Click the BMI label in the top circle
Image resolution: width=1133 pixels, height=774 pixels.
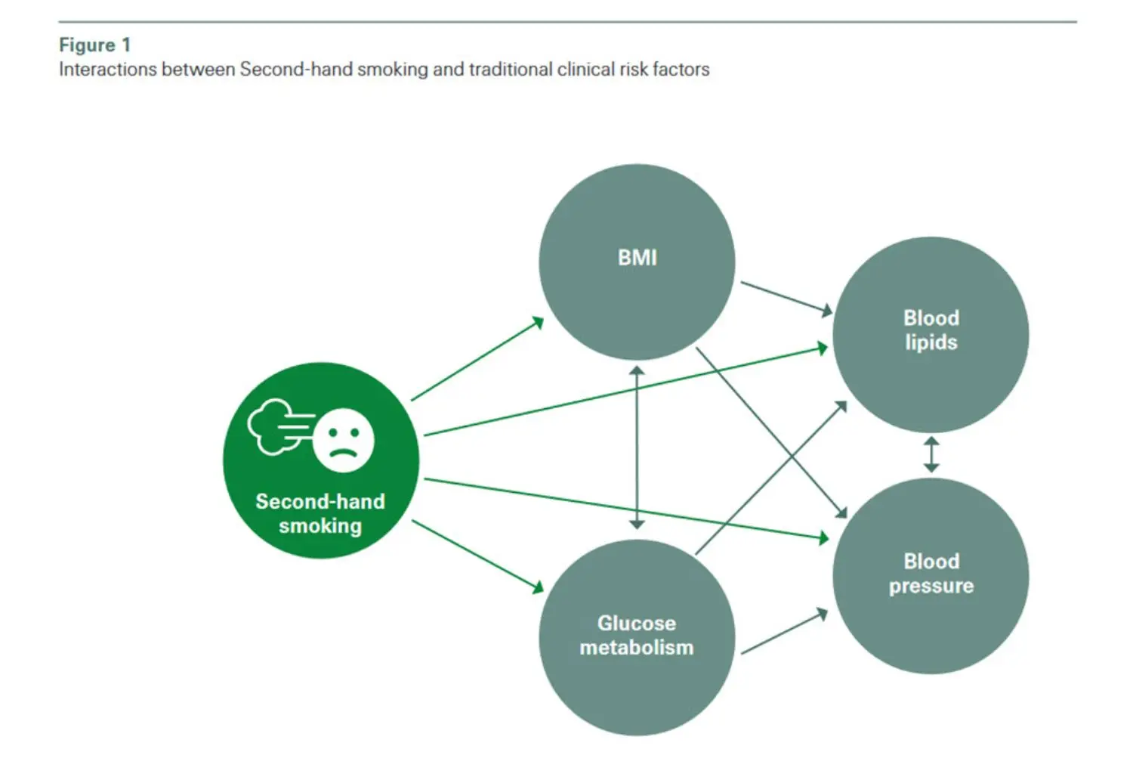tap(637, 258)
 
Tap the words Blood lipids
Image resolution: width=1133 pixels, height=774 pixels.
tap(931, 330)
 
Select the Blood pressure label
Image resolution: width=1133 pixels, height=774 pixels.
tap(931, 573)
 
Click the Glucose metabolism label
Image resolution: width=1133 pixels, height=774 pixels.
tap(636, 635)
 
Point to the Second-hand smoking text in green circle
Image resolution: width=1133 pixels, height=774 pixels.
tap(320, 513)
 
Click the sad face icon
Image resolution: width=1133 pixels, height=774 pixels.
tap(344, 441)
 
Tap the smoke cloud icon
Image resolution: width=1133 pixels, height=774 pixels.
tap(273, 427)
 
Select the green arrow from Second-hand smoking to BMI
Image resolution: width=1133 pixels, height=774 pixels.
tap(477, 359)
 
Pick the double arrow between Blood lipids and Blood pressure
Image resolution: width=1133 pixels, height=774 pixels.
tap(931, 454)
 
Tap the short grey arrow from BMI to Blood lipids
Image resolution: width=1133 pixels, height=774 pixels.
tap(786, 297)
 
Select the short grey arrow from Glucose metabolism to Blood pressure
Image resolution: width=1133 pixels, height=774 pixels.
tap(784, 632)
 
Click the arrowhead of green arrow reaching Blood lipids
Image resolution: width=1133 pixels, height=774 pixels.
tap(823, 348)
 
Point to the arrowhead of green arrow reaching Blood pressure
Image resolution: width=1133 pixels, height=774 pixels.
tap(823, 538)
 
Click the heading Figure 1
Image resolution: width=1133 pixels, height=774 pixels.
tap(94, 45)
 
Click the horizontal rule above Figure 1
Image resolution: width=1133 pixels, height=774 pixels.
tap(566, 21)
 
